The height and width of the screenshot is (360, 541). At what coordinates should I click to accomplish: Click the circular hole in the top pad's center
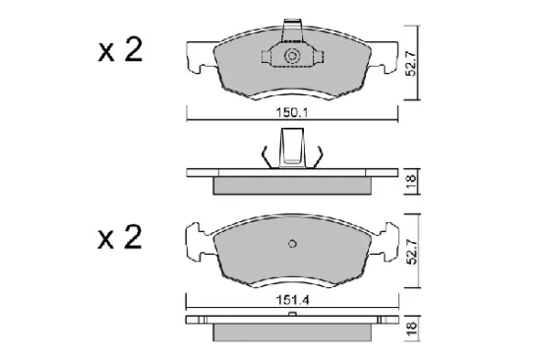pos(291,58)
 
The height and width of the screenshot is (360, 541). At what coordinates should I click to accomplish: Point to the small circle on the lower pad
pos(291,245)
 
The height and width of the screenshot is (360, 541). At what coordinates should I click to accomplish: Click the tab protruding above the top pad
pos(292,30)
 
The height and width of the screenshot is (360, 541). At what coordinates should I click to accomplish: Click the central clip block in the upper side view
pos(291,150)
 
